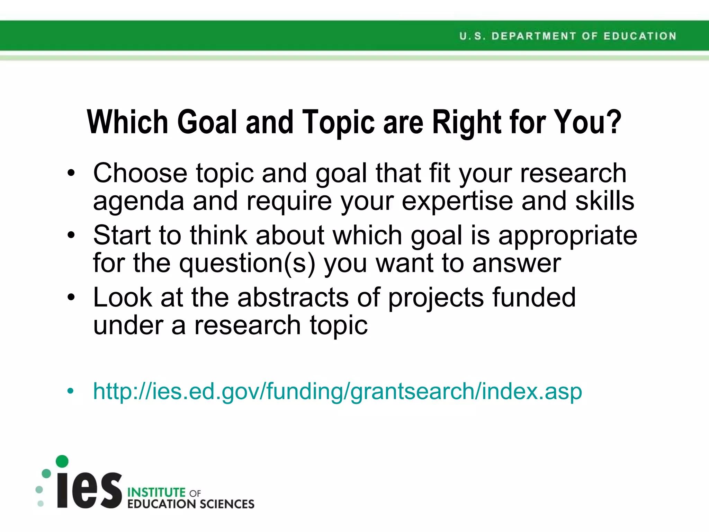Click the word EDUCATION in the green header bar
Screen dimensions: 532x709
(640, 36)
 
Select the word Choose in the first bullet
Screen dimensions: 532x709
(140, 173)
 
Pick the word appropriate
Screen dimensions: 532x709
(567, 236)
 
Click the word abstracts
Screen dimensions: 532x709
(293, 298)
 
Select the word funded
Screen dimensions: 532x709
(534, 298)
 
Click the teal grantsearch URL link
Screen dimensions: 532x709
(338, 391)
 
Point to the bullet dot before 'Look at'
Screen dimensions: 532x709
(71, 298)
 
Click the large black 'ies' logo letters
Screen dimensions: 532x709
(89, 489)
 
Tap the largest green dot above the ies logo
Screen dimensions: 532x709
(62, 461)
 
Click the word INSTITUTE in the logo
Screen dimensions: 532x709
(156, 492)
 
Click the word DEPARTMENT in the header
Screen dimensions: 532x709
(533, 36)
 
